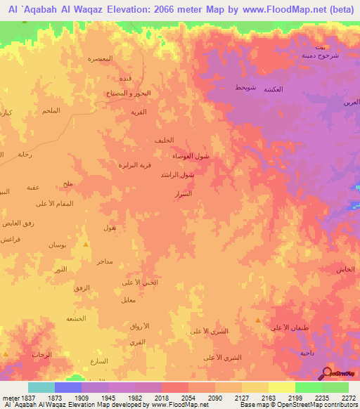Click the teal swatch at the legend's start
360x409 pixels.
point(41,387)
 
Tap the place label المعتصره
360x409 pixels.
point(101,58)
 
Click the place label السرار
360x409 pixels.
point(182,192)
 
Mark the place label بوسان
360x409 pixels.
point(57,245)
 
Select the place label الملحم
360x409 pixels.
point(51,111)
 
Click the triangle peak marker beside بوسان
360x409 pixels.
point(86,245)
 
